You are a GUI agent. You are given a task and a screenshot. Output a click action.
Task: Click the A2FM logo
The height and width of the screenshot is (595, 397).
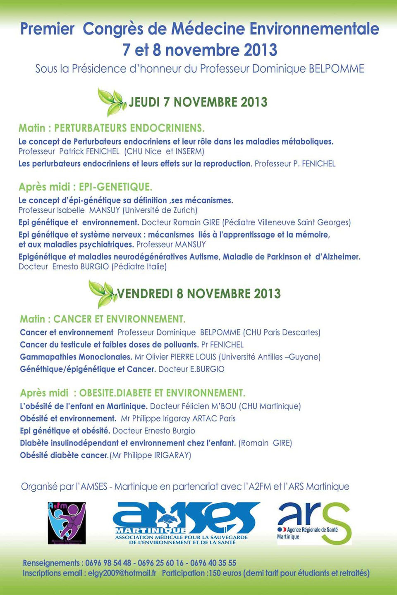tap(67, 523)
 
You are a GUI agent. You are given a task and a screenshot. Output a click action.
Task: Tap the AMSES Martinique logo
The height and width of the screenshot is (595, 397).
tap(186, 523)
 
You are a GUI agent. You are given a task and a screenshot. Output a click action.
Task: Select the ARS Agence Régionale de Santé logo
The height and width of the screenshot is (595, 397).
tap(314, 523)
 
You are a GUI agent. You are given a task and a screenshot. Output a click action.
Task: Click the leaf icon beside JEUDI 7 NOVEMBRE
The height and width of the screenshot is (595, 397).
tap(111, 101)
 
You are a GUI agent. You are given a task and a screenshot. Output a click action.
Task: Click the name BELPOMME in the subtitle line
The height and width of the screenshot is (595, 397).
tap(337, 69)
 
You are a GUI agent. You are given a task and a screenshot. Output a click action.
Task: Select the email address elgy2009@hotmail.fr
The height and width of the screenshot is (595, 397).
tap(122, 573)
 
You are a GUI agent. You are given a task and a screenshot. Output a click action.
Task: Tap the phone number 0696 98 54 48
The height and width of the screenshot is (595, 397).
tap(108, 563)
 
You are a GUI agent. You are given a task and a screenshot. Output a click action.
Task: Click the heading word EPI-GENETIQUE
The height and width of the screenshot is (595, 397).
tap(115, 187)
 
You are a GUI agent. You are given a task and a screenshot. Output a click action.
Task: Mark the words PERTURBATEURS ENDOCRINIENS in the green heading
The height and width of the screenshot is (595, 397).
tap(129, 128)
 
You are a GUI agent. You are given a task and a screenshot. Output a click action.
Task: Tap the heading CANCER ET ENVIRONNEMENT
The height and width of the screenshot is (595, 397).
tap(119, 319)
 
